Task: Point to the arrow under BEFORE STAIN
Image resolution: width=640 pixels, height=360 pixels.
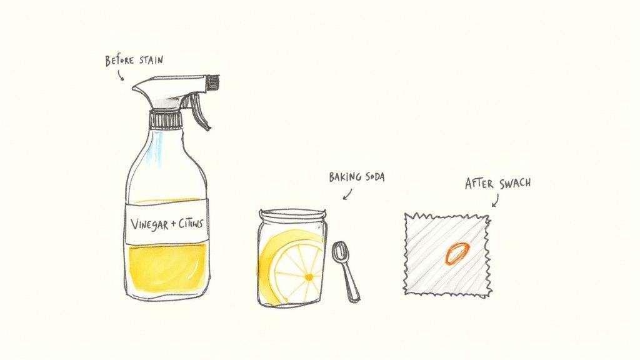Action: [120, 75]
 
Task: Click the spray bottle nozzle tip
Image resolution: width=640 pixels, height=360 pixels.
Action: [214, 82]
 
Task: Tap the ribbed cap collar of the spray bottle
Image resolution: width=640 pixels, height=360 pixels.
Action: [165, 118]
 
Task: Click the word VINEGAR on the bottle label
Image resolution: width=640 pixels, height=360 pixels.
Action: [147, 223]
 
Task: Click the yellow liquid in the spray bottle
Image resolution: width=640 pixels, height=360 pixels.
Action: [166, 262]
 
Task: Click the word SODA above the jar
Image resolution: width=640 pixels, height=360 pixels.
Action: [373, 177]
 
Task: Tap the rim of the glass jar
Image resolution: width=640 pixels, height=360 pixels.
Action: [291, 214]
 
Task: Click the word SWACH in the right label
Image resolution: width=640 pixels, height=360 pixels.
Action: [516, 184]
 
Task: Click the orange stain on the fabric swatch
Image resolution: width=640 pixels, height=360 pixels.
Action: [456, 252]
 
